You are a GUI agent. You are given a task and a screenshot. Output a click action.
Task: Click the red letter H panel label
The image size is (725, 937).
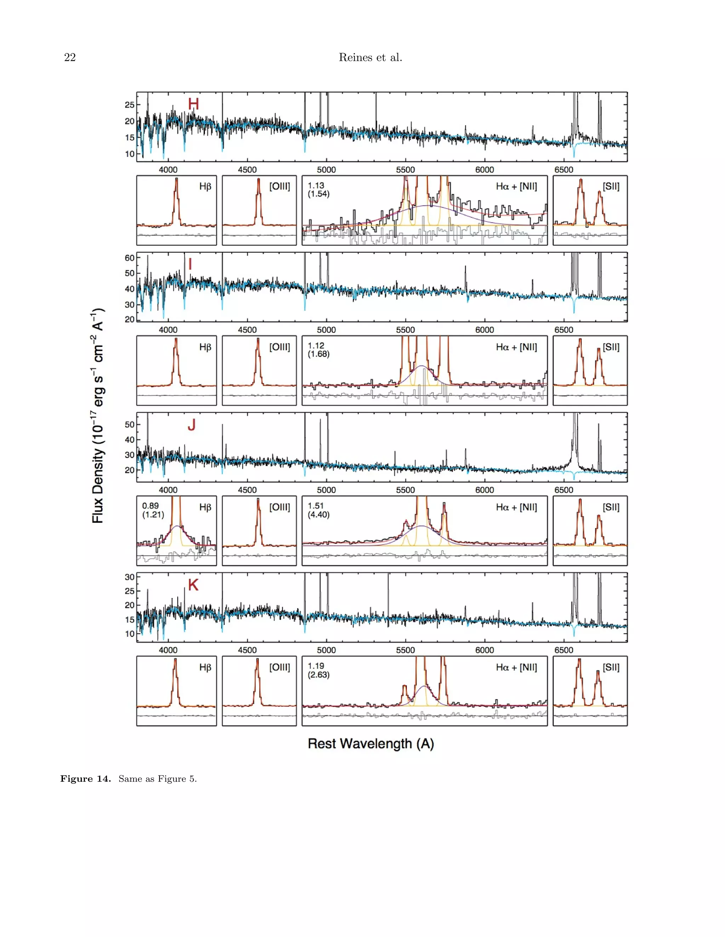pos(193,104)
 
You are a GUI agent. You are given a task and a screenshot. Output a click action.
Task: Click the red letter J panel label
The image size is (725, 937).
pos(192,425)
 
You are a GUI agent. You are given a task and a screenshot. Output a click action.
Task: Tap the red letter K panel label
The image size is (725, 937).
pos(193,585)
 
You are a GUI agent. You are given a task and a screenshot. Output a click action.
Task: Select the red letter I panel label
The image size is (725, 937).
pos(190,264)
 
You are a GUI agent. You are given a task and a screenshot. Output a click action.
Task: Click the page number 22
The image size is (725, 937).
pos(70,58)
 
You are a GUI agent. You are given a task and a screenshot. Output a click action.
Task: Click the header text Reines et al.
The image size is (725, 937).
pos(370,58)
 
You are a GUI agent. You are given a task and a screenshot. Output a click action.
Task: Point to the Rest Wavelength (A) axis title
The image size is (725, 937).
pos(371,744)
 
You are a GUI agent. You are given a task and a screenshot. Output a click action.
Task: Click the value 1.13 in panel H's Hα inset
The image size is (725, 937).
pos(316,185)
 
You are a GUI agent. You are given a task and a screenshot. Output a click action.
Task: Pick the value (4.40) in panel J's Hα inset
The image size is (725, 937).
pos(319,514)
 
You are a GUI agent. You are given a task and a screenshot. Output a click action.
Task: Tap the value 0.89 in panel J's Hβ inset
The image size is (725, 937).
pos(150,506)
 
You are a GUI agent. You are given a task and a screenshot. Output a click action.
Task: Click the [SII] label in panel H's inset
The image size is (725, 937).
pos(611,186)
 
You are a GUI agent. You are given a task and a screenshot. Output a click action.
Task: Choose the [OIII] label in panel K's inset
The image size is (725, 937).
pos(280,667)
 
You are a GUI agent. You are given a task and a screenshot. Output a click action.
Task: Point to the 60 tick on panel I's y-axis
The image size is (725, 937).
pos(129,258)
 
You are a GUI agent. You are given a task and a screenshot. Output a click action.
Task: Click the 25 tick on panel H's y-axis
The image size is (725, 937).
pos(129,105)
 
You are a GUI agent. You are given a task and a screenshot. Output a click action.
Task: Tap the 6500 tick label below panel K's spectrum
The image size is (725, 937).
pos(564,650)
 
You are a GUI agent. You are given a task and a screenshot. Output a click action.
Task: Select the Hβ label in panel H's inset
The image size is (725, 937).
pos(205,187)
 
